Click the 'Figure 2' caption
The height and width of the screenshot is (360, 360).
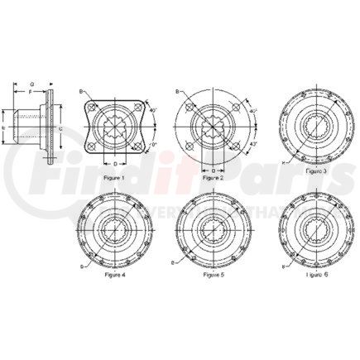213,176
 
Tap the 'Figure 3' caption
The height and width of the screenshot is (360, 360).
316,170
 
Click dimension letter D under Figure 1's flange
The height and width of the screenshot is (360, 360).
114,163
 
